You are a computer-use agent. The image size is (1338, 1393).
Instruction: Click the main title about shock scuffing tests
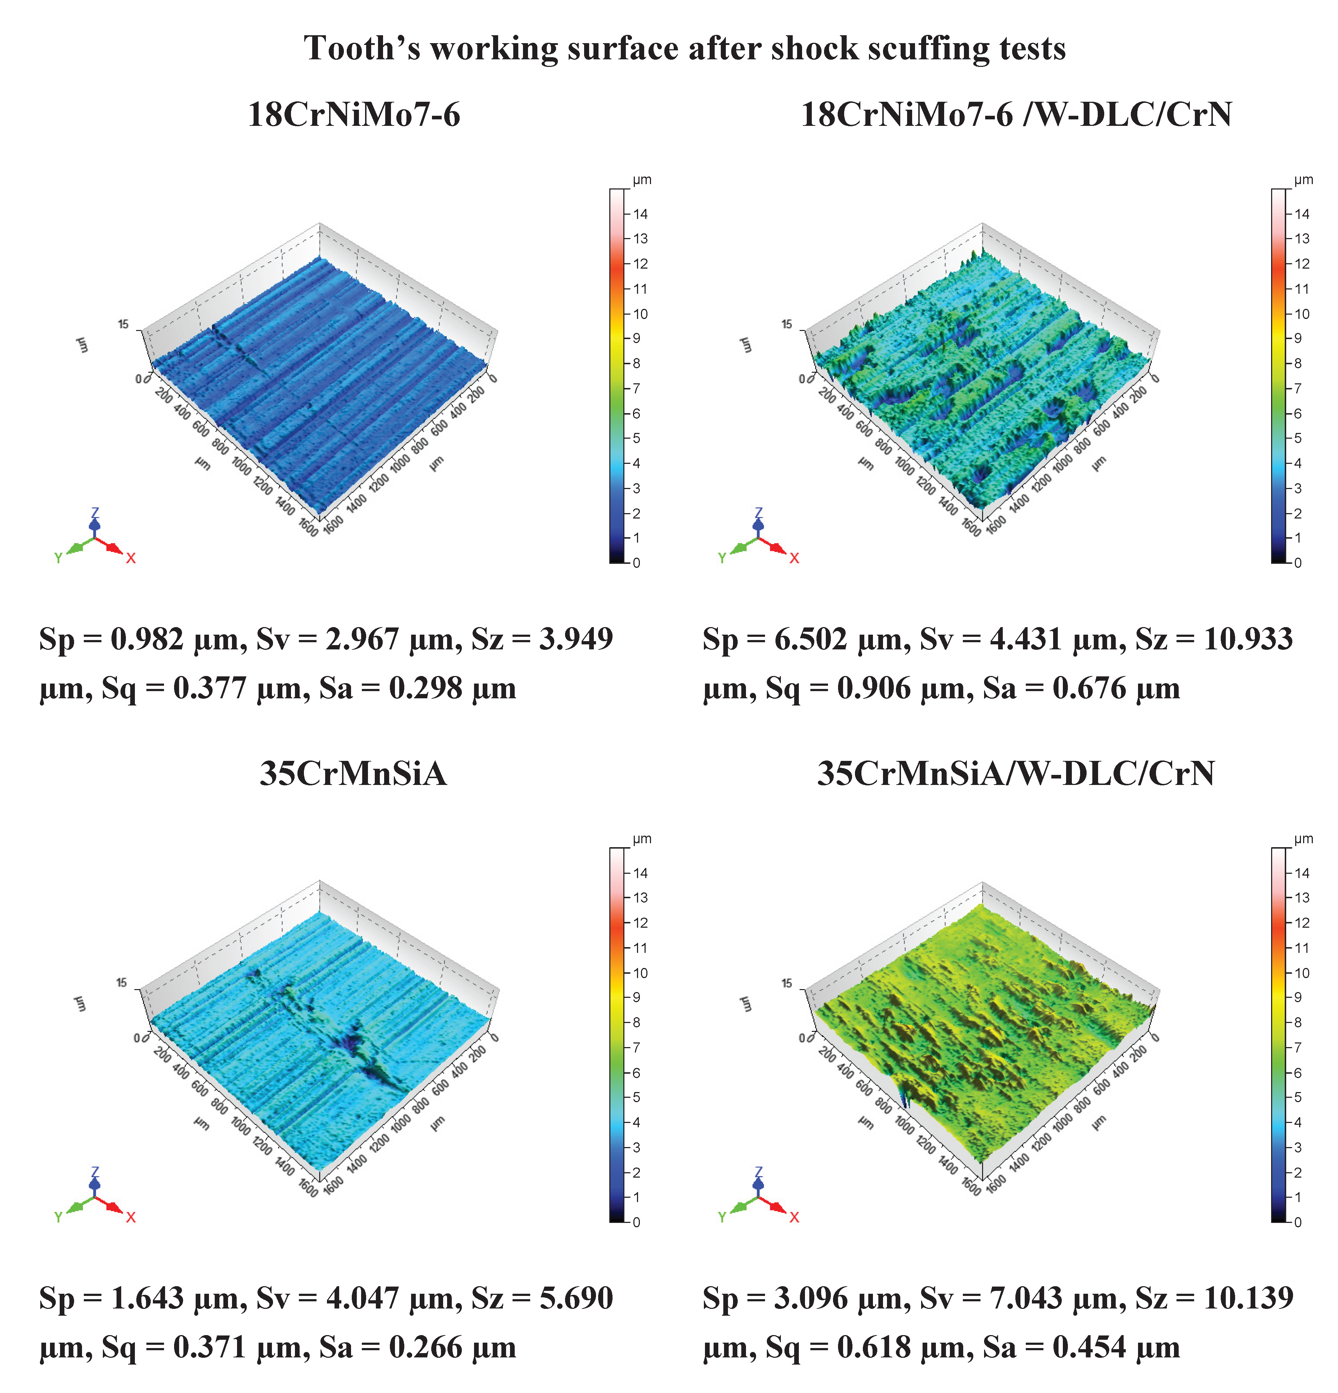coord(684,48)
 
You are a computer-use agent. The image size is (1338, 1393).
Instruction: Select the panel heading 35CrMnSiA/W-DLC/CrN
coord(1016,773)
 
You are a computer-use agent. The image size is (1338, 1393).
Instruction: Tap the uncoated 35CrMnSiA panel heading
coord(353,773)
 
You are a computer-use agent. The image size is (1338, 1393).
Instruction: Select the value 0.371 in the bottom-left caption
coord(210,1347)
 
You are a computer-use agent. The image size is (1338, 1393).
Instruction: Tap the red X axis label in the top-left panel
coord(131,559)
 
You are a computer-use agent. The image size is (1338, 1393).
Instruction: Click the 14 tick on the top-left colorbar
coord(640,214)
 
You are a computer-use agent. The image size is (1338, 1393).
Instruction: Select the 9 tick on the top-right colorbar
coord(1297,338)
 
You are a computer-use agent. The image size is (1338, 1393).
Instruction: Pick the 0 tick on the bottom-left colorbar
coord(636,1222)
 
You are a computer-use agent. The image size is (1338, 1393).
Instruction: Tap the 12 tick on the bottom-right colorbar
coord(1301,923)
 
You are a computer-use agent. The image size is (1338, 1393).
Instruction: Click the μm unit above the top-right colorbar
coord(1303,180)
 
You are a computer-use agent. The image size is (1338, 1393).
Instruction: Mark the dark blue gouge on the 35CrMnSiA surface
coord(355,1045)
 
